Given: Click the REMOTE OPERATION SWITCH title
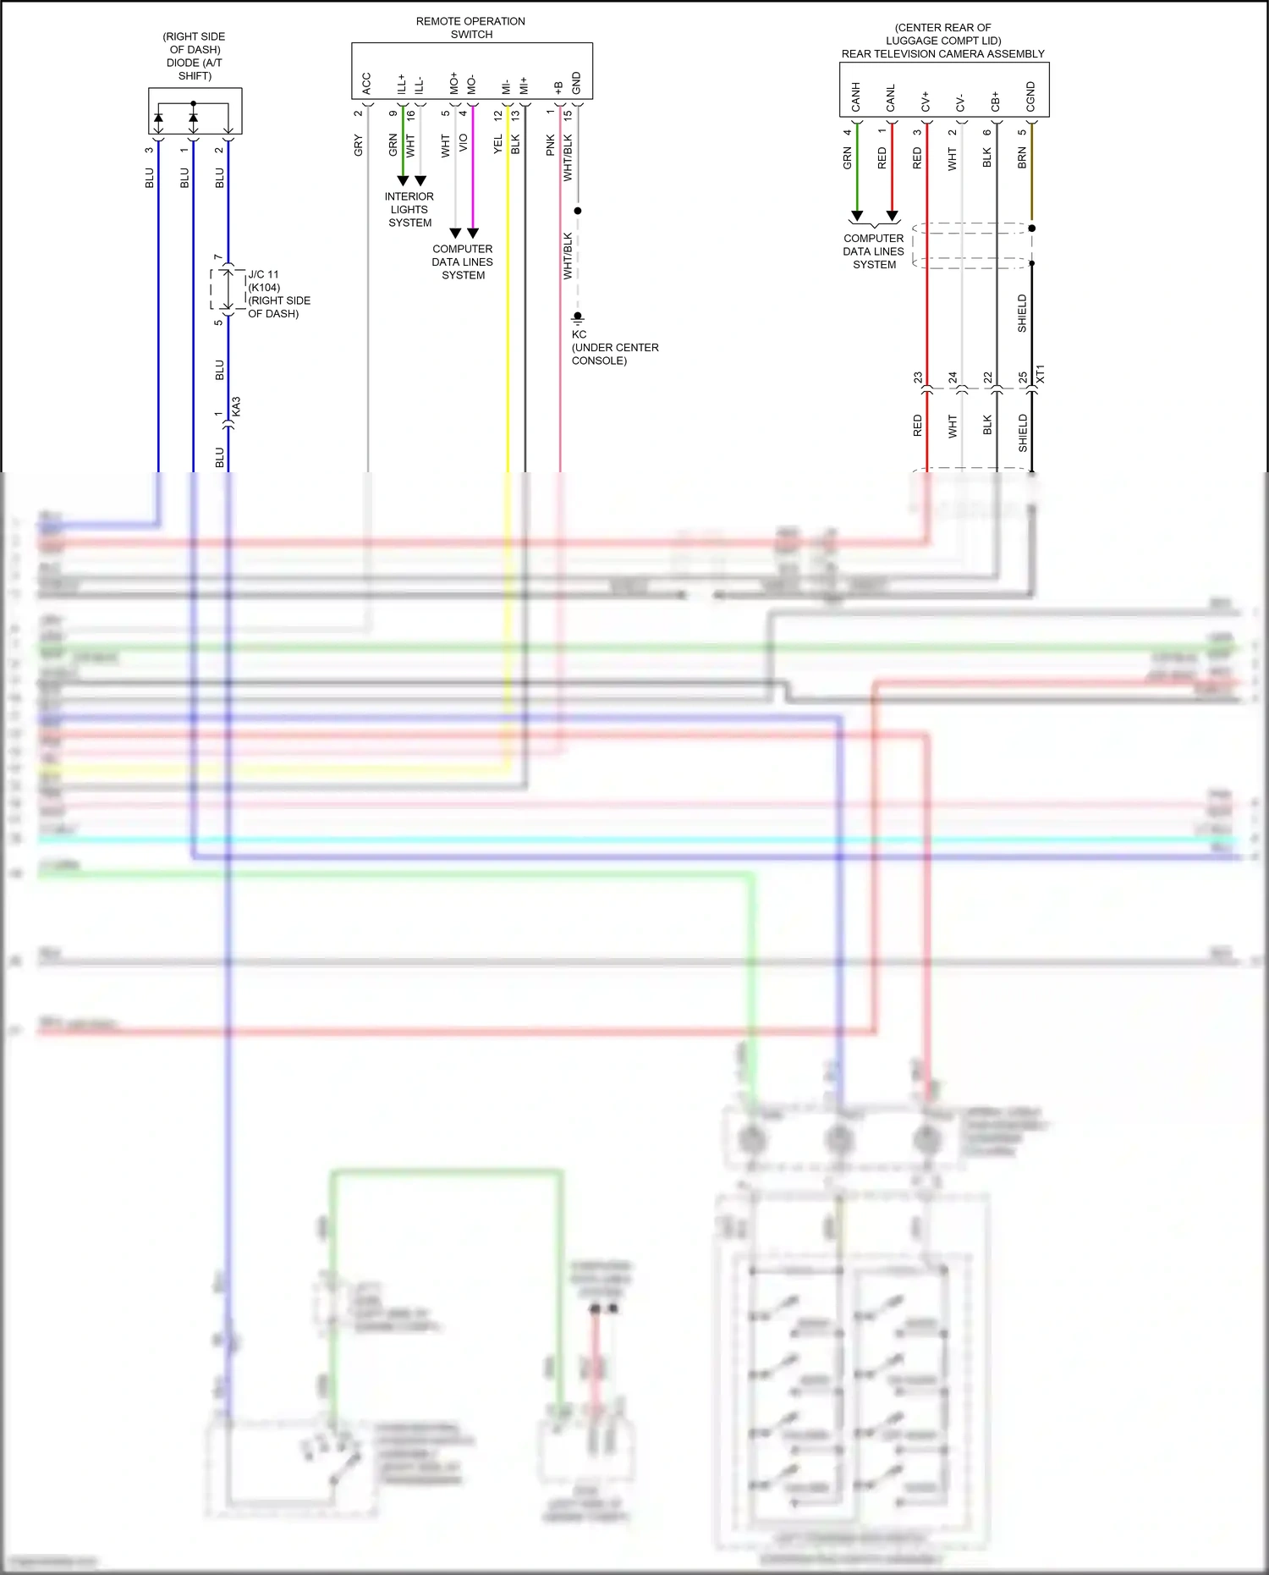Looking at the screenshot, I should tap(470, 28).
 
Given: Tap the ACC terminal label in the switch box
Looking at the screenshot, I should tap(366, 83).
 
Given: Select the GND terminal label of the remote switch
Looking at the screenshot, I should tap(576, 83).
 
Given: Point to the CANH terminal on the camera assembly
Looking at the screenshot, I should tap(855, 96).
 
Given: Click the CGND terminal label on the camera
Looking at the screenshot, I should tap(1030, 96).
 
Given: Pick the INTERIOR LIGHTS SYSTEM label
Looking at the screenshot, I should tap(409, 210).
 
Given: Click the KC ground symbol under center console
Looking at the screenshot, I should tap(578, 317).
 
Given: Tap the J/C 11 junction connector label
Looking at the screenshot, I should tap(263, 274).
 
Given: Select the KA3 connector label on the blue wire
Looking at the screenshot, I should tap(237, 406).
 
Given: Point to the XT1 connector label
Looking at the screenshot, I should tap(1041, 373).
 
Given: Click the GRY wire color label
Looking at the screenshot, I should tap(359, 145).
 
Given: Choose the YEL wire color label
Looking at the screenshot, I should tap(498, 145).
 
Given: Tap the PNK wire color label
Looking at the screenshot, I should tap(551, 145).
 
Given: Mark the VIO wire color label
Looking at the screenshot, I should tap(463, 144).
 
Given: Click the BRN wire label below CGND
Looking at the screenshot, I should tap(1022, 157).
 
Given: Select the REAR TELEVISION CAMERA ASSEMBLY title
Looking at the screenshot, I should tap(942, 53).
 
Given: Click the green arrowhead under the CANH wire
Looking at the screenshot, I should tap(857, 216).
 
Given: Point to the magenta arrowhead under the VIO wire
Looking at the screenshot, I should tap(473, 233).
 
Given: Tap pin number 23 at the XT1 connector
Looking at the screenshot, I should tap(918, 377).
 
